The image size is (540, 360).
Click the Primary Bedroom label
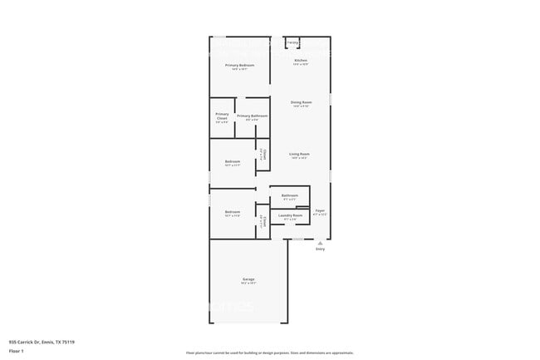[239, 65]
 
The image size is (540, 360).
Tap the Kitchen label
[301, 60]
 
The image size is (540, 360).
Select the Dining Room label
[301, 102]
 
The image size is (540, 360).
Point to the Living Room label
[299, 154]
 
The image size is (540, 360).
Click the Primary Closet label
[222, 116]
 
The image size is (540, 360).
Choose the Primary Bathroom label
[252, 116]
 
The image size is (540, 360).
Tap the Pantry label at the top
[292, 42]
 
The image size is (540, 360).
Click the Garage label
[248, 279]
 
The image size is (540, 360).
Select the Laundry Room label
[290, 215]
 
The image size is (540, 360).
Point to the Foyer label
[320, 210]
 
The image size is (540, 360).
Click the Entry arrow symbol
[320, 243]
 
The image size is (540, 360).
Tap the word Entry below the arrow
[320, 249]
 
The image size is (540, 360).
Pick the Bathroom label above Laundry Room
[289, 195]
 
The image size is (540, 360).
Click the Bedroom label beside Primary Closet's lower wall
[233, 161]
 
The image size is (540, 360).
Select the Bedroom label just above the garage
[233, 212]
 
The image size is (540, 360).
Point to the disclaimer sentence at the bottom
[269, 353]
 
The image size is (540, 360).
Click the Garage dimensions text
[248, 283]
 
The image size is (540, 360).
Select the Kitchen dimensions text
[301, 64]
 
